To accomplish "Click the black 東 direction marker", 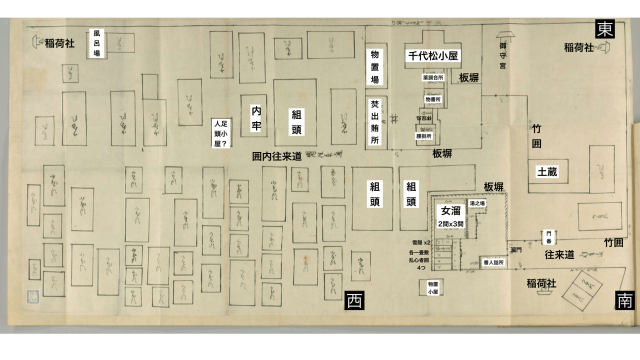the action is [604, 29].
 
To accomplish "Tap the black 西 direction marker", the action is [354, 301].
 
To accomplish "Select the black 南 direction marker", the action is [625, 300].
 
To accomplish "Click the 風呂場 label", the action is [97, 43].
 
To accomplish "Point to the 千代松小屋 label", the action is [433, 56].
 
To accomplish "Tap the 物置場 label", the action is [374, 66].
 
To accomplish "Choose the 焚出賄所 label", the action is [374, 122].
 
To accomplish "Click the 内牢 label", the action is [256, 118].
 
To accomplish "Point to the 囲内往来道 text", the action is [276, 156].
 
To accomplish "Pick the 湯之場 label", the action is [477, 203].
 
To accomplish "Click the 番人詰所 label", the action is [493, 262].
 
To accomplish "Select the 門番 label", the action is [548, 237].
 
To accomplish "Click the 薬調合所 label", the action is [433, 78].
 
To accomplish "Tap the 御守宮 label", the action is [502, 55].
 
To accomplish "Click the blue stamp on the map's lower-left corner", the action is [33, 296].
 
